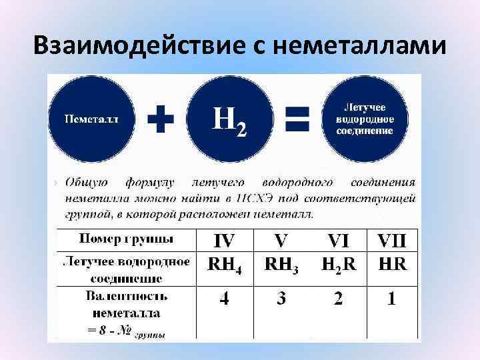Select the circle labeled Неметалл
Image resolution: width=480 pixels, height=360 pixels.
coord(91,119)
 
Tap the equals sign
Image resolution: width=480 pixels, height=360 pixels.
coord(297,120)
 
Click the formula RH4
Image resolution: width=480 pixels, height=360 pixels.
coord(225,265)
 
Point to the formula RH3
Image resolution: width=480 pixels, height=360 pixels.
coord(281,265)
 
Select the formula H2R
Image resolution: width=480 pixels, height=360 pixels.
coord(339,264)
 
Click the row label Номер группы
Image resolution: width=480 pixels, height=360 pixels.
coord(127,239)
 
